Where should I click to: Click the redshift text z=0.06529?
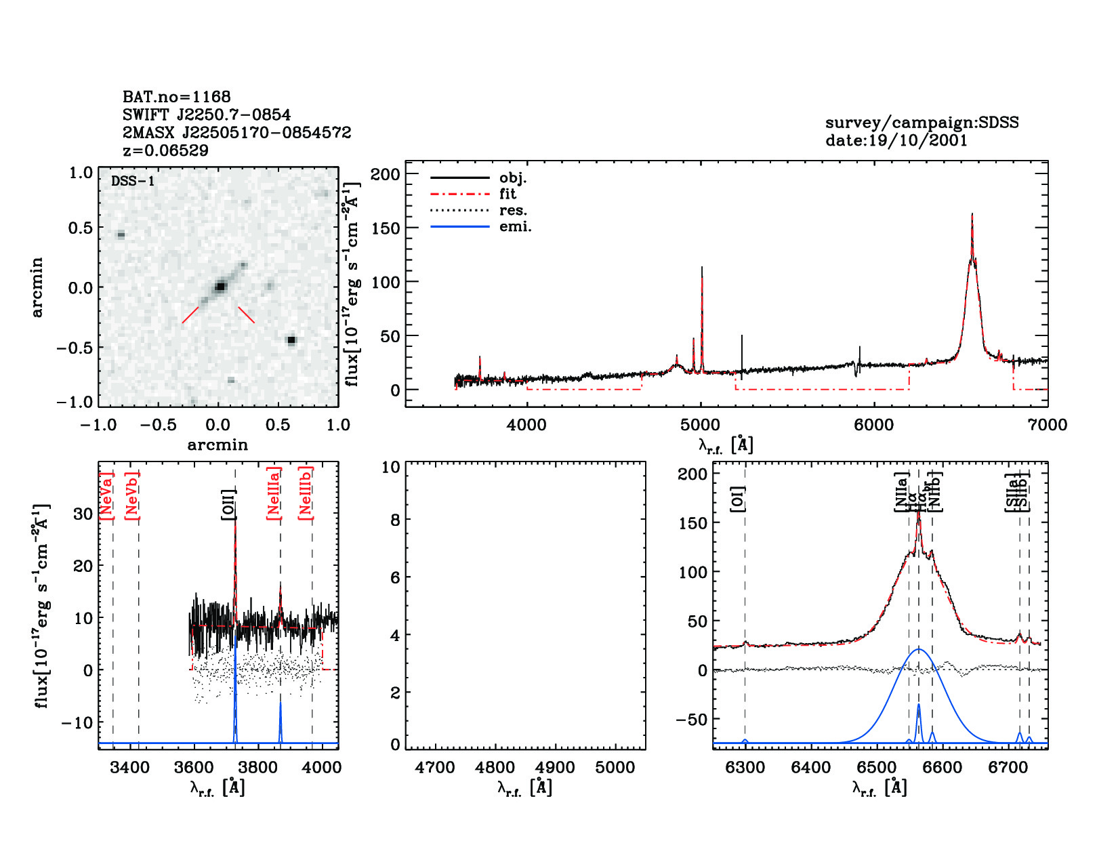click(165, 150)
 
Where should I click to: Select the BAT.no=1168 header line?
click(176, 97)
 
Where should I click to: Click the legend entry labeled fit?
click(508, 194)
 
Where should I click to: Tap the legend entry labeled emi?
click(515, 227)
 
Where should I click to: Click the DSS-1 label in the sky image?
click(133, 181)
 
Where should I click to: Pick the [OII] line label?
click(228, 504)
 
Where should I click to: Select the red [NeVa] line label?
click(106, 496)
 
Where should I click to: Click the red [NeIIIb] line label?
click(306, 493)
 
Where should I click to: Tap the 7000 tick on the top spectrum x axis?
click(1048, 425)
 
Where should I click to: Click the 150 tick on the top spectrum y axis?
click(386, 228)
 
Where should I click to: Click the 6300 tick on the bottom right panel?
click(745, 768)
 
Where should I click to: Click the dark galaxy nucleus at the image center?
click(220, 286)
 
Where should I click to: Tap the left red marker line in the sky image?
click(190, 315)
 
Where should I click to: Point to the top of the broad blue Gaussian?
click(919, 649)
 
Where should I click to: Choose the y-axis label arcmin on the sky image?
click(37, 287)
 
